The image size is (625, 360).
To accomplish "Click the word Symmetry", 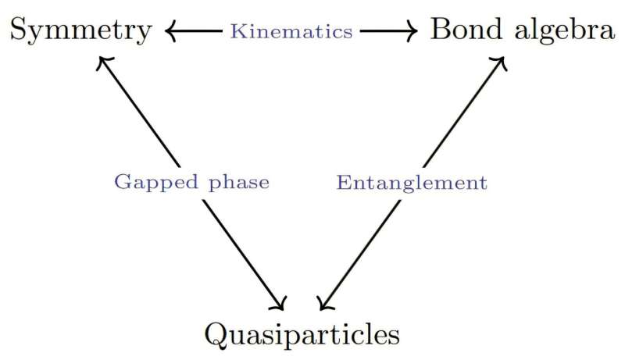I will coord(81,31).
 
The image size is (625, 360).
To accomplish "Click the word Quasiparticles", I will coord(302,334).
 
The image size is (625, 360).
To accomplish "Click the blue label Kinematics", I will coord(291,31).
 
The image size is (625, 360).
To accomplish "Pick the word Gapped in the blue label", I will coord(146,183).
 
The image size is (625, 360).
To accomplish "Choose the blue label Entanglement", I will coord(412,183).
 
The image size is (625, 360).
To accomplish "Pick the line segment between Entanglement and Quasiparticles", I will coord(363,250).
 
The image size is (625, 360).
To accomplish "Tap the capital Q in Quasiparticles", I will coord(216,334).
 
